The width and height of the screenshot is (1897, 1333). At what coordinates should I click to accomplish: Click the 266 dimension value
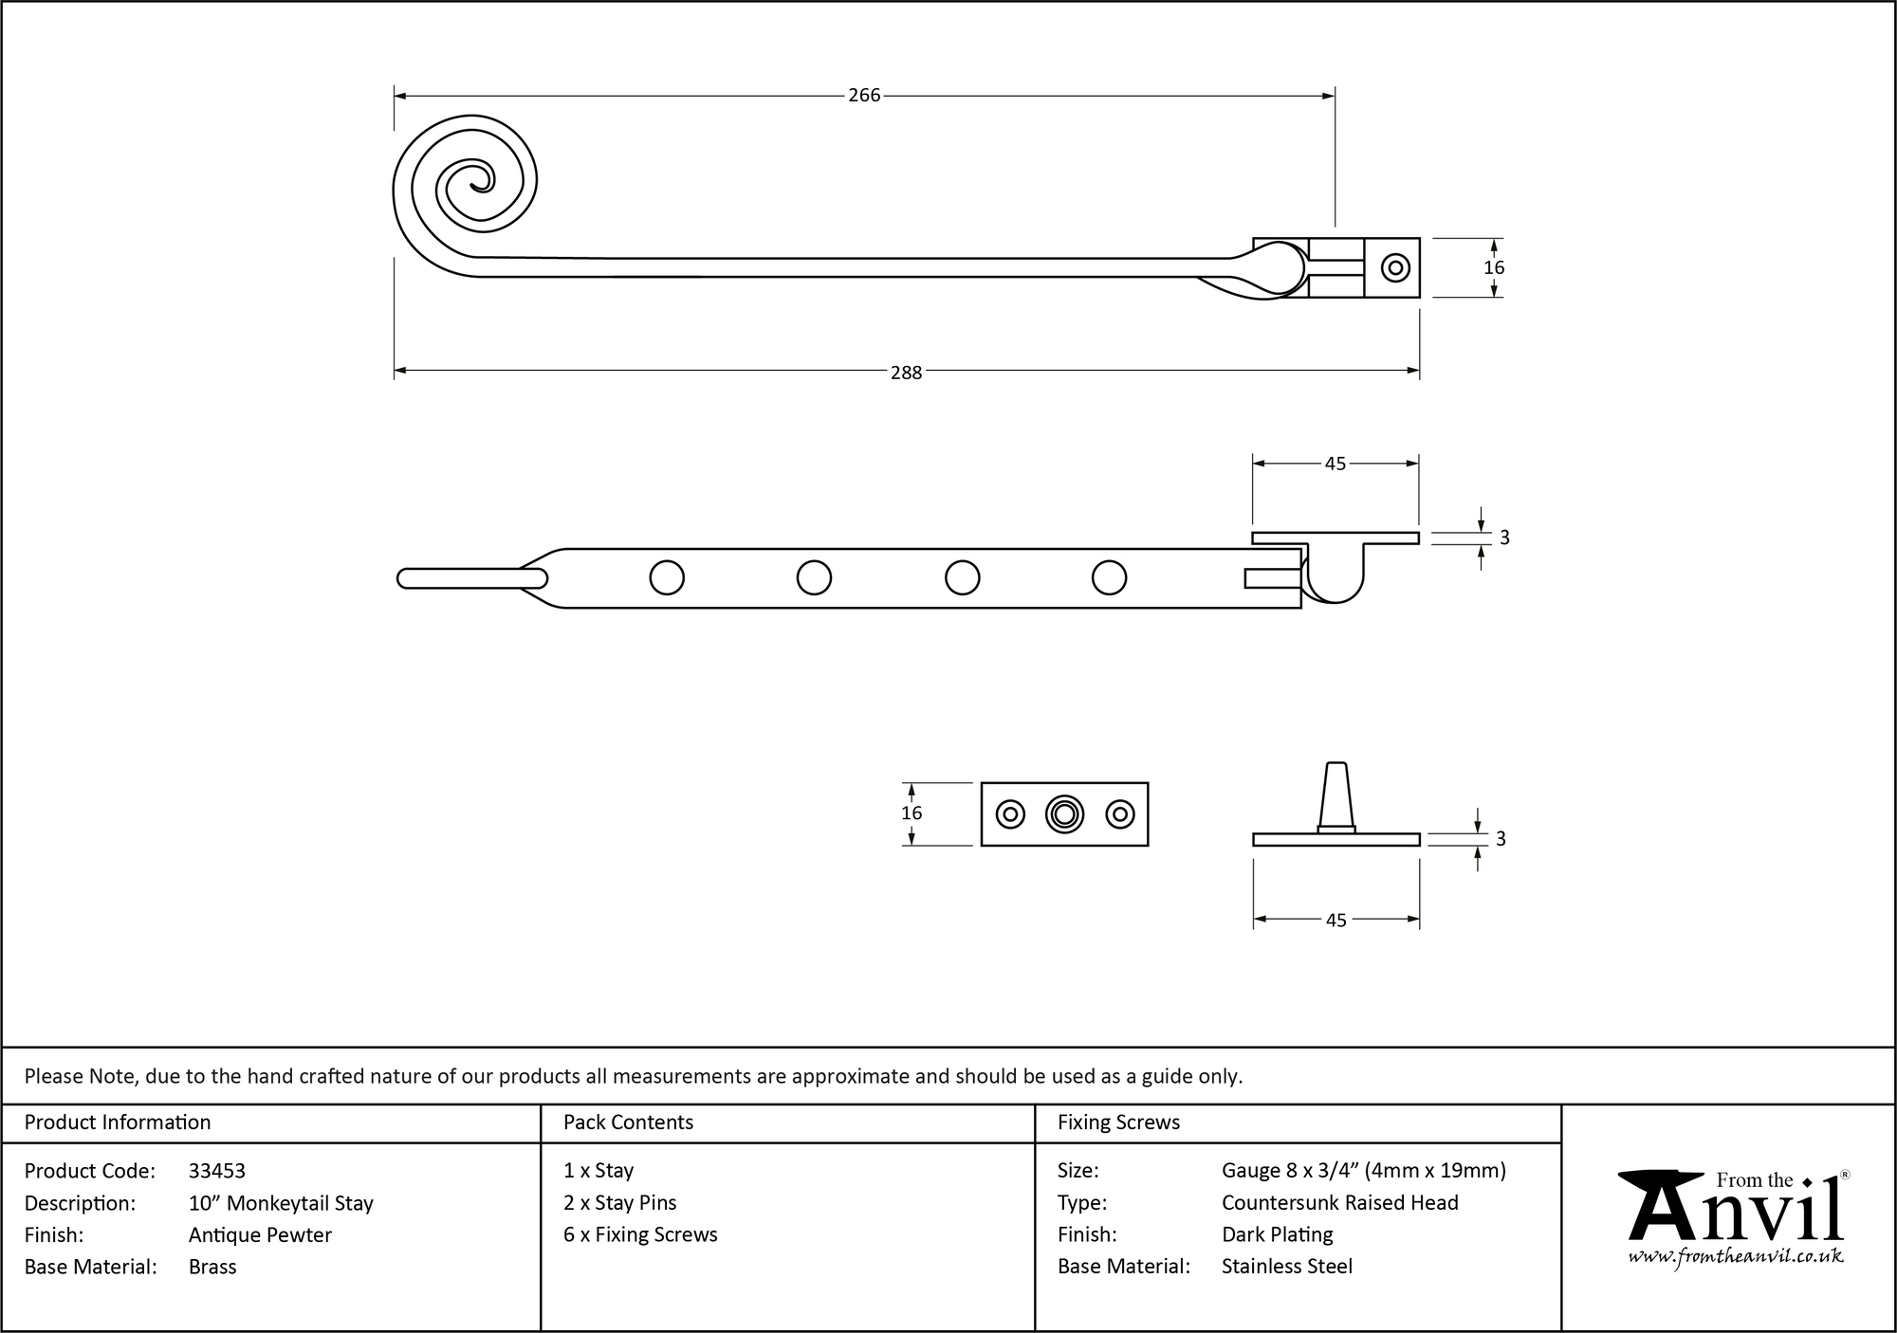click(x=864, y=96)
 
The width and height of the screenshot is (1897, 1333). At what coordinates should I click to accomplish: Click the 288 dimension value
click(x=906, y=373)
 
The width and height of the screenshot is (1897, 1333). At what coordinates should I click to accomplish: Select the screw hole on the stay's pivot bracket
click(x=1395, y=268)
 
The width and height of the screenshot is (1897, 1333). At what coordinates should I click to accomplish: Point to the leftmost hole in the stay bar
click(x=667, y=577)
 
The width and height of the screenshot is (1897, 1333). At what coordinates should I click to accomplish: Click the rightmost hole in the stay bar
click(x=1109, y=577)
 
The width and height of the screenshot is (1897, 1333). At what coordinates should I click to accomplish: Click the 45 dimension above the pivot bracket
click(x=1335, y=464)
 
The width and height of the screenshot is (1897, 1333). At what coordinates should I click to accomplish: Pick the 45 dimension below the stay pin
click(x=1335, y=920)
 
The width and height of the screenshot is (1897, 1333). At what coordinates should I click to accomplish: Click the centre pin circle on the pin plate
click(x=1064, y=814)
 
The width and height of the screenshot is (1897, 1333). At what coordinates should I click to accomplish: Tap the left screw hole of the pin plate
click(x=1010, y=814)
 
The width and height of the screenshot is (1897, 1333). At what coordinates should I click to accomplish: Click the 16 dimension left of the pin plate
click(x=912, y=813)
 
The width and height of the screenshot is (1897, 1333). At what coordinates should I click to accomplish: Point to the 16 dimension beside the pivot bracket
click(x=1494, y=268)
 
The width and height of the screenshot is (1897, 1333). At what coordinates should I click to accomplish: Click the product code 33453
click(x=217, y=1171)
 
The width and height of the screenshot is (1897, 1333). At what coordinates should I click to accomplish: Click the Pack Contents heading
click(x=628, y=1123)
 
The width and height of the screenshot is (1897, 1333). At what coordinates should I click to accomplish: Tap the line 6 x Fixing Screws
click(x=640, y=1234)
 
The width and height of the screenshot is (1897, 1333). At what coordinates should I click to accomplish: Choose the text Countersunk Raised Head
click(x=1339, y=1202)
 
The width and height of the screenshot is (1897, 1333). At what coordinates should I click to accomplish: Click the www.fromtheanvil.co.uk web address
click(x=1736, y=1257)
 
